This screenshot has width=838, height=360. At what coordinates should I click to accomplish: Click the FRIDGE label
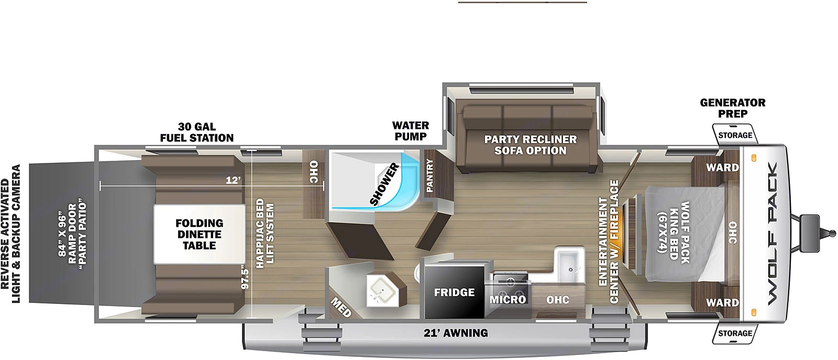click(454, 292)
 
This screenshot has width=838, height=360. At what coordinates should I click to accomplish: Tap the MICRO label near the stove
click(508, 299)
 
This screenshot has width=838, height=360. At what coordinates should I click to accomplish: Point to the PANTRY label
click(429, 176)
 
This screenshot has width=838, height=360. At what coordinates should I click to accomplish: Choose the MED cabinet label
click(341, 307)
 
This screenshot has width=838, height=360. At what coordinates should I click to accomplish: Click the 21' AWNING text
click(456, 333)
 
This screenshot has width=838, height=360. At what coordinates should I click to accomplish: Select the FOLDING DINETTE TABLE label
click(199, 234)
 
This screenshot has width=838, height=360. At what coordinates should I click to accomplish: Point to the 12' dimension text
click(233, 180)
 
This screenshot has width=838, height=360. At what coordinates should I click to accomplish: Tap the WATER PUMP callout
click(411, 130)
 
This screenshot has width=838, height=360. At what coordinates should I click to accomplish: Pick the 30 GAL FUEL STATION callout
click(197, 132)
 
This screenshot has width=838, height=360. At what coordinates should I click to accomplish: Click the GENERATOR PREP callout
click(733, 108)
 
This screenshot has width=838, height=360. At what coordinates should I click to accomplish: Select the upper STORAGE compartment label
click(735, 135)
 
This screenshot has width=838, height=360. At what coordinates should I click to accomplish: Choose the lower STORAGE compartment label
click(735, 333)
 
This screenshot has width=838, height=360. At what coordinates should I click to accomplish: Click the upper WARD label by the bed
click(722, 168)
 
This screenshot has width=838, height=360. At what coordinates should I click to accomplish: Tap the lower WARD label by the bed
click(722, 302)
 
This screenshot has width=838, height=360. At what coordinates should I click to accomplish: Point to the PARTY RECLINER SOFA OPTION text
click(530, 145)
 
